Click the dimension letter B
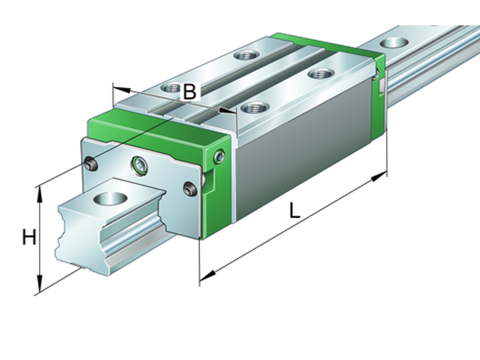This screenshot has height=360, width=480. click(x=189, y=91)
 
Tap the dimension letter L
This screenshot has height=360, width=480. click(x=294, y=211)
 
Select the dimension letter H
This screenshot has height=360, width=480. click(x=29, y=238)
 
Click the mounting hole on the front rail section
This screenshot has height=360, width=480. click(x=111, y=198)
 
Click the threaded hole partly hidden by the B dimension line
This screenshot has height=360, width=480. click(x=171, y=87)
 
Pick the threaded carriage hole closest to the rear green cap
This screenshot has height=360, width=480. click(x=321, y=73)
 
